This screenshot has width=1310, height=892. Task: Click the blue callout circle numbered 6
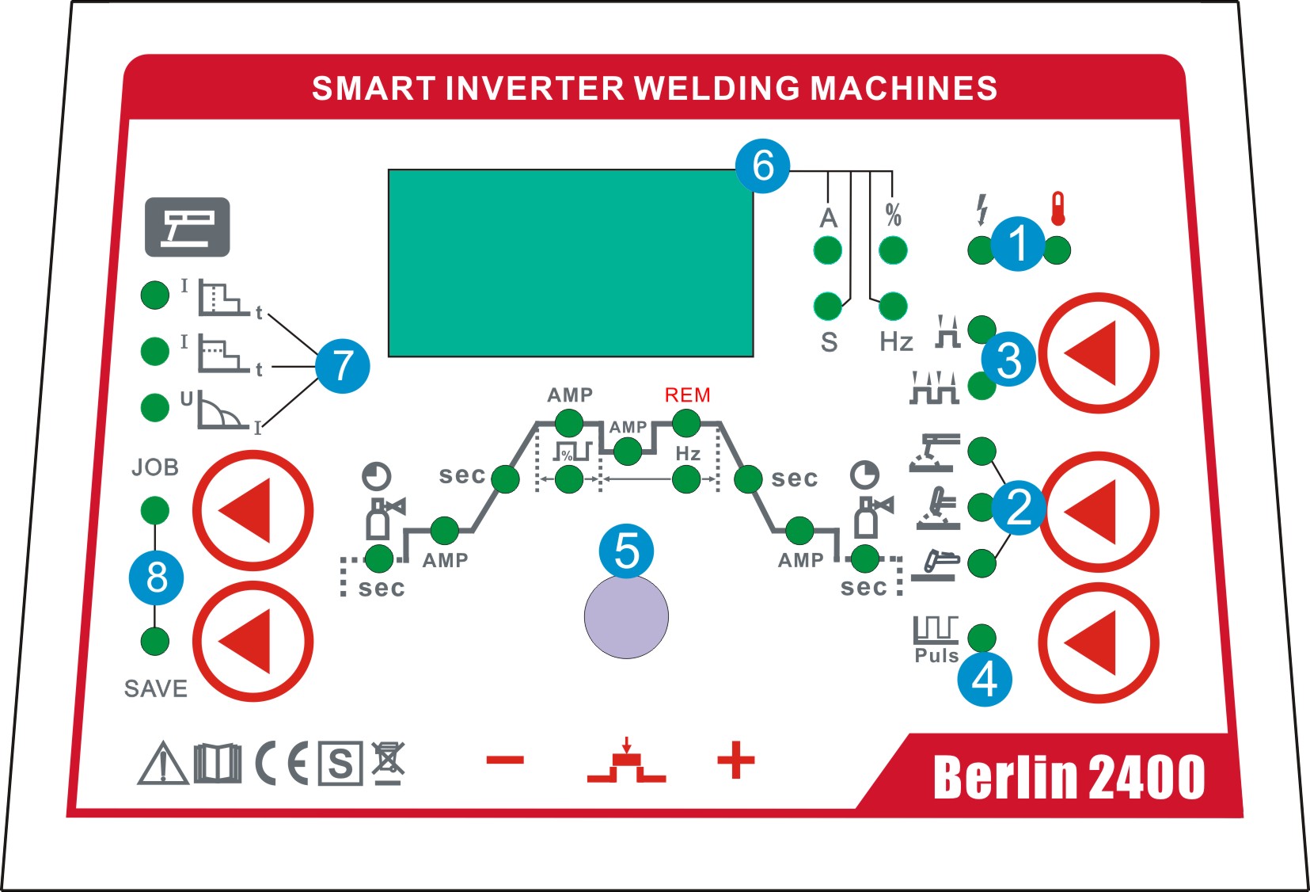coord(762,166)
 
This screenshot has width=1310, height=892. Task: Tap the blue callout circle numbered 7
coord(342,365)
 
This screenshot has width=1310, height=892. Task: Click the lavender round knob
coord(626,617)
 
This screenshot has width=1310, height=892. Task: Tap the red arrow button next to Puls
coord(1098,642)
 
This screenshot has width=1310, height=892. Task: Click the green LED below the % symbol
coord(893,250)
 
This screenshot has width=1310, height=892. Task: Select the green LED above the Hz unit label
coord(893,306)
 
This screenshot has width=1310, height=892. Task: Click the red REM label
coord(687,395)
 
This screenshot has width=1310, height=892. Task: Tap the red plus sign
coord(735,760)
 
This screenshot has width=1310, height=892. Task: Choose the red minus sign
coord(505,760)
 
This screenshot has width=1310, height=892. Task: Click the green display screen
coord(570,263)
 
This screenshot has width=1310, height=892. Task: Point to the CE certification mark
coord(282,764)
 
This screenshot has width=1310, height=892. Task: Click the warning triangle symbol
coord(162,764)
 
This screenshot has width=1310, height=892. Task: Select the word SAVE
coord(156,688)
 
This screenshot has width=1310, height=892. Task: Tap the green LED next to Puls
coord(982,638)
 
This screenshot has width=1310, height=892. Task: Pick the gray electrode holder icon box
coord(187,227)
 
